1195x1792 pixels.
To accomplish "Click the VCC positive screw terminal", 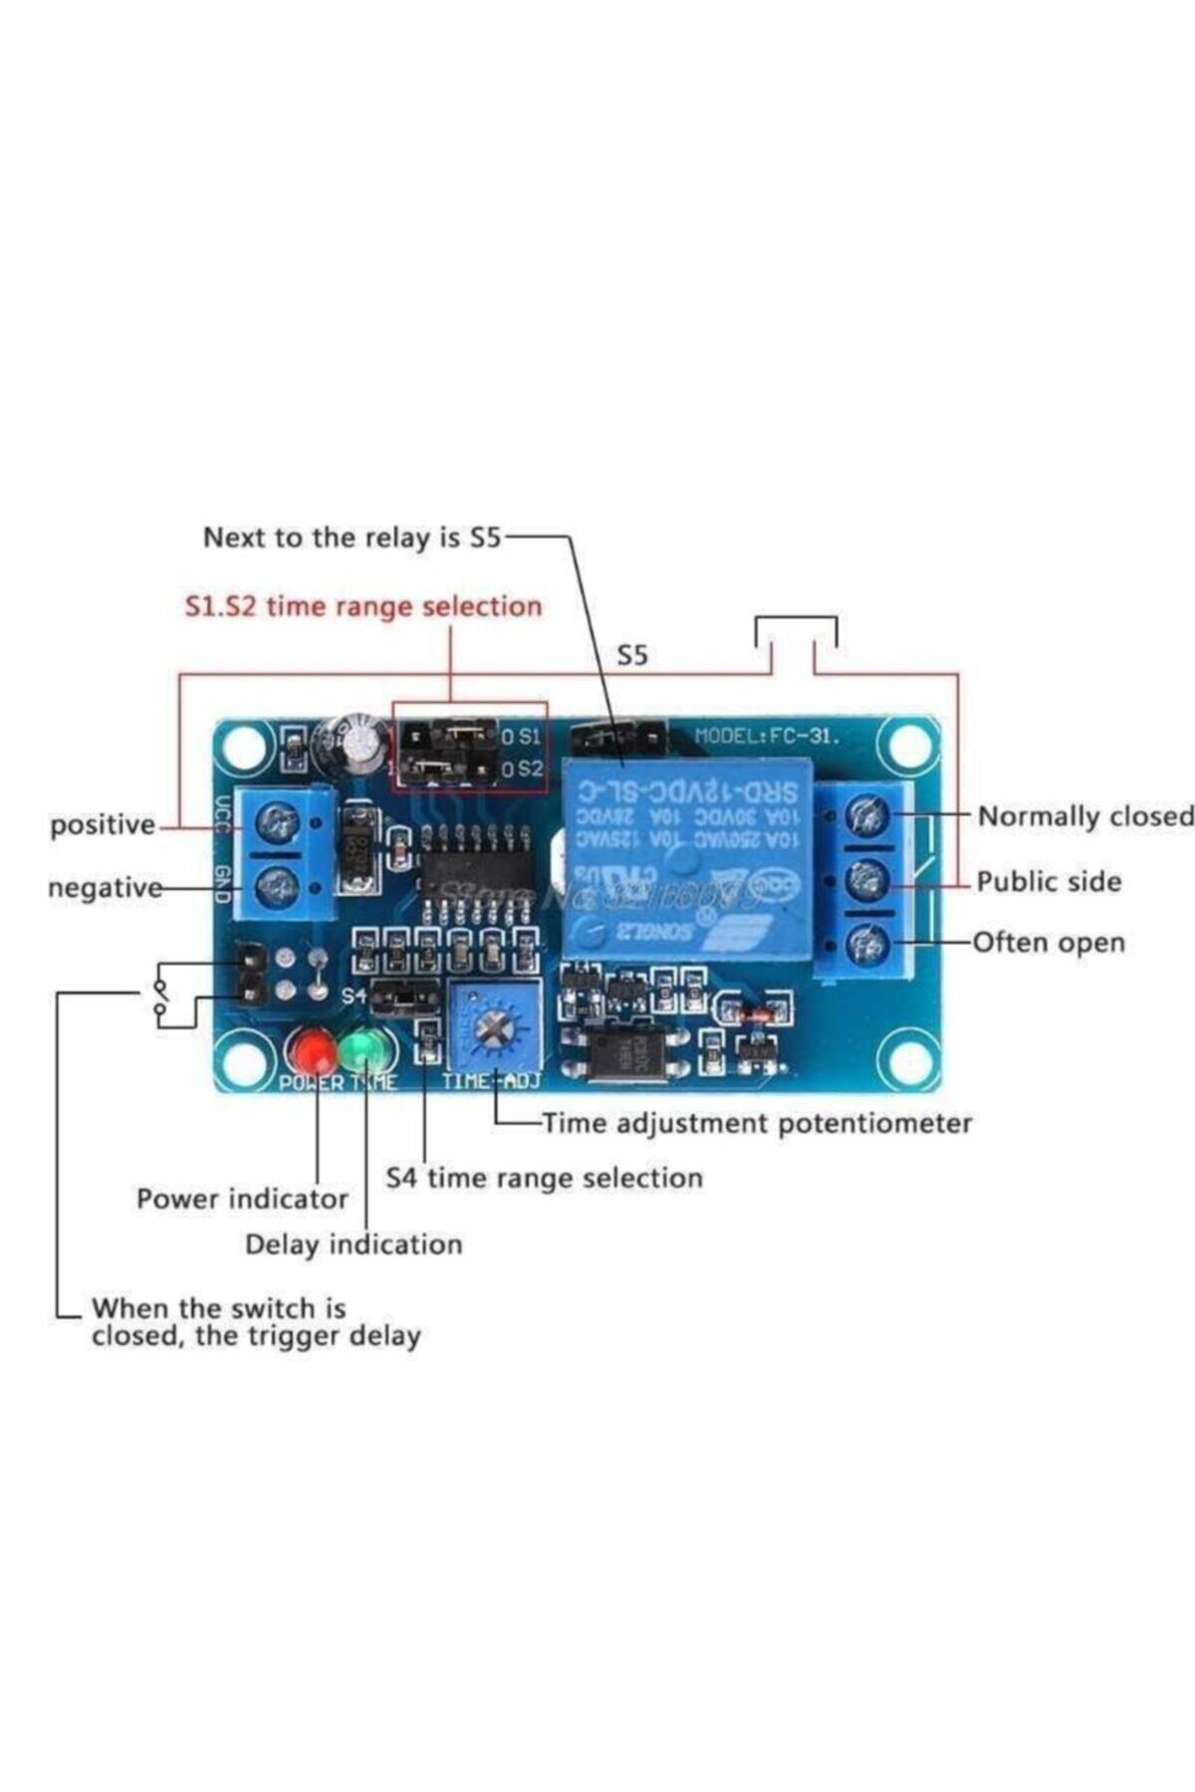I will click(278, 822).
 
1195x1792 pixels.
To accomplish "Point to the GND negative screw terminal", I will click(278, 884).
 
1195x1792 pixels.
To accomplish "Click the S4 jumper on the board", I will click(403, 996).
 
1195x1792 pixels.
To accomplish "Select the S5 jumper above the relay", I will click(617, 738).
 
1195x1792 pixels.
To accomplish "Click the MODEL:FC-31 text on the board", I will click(766, 737).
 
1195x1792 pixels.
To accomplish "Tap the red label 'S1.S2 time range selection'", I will click(363, 606).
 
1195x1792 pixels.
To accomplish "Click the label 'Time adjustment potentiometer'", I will click(757, 1124).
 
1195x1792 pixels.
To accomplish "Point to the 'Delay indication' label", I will click(354, 1244).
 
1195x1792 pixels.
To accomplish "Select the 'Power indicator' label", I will click(242, 1199).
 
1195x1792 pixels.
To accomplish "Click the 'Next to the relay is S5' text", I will click(353, 538).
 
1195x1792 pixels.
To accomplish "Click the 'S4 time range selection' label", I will click(544, 1179).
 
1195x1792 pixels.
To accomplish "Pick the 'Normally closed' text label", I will click(1083, 816).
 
